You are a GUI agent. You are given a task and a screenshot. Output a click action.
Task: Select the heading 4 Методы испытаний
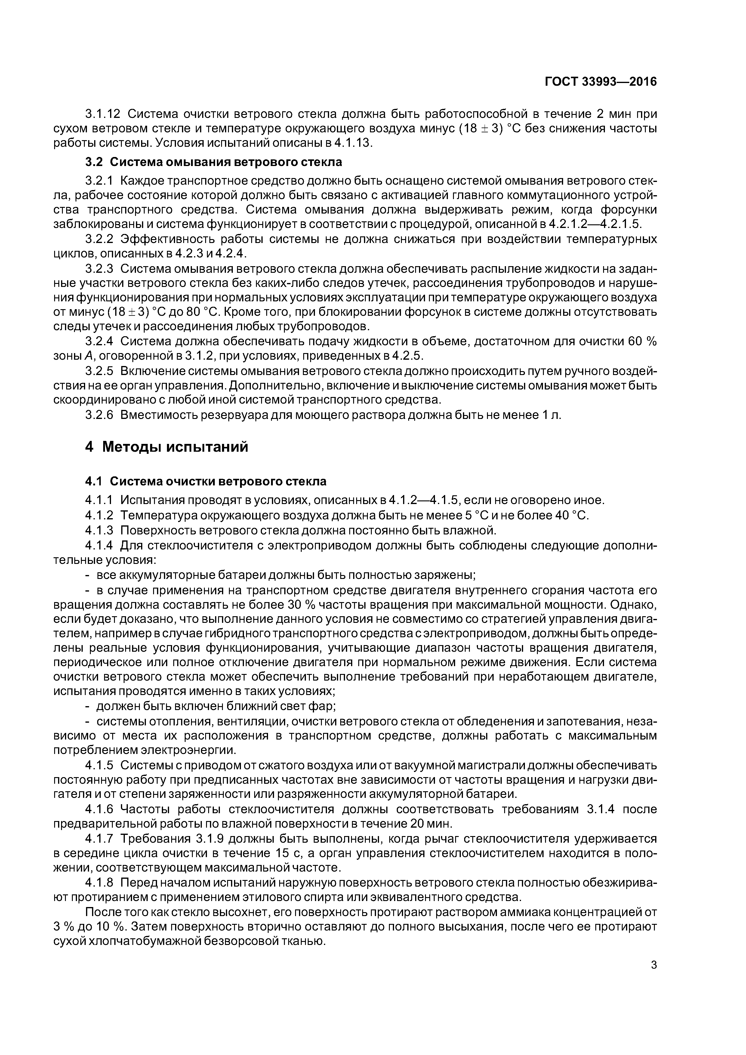coord(166,447)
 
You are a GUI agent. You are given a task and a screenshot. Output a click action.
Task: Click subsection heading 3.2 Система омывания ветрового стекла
coord(214,162)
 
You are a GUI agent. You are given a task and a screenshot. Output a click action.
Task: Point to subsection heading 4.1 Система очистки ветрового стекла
coord(206,481)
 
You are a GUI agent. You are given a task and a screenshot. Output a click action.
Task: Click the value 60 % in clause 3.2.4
coord(643,341)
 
